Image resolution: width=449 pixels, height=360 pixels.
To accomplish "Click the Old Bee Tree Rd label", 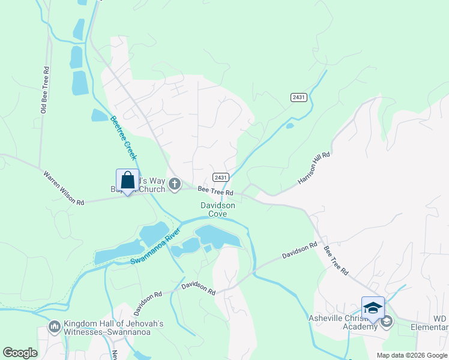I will pos(44,90).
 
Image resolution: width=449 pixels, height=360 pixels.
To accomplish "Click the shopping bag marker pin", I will pos(127,181).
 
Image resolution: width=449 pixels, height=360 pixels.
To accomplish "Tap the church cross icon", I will pos(175,184).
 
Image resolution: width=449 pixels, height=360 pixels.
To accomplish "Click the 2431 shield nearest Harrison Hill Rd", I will pos(298,97).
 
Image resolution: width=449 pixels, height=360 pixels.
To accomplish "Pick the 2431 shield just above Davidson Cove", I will pos(220,177).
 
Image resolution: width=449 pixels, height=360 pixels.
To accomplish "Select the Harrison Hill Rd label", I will pos(315,169).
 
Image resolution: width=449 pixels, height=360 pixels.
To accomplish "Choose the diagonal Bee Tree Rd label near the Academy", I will pos(336,260).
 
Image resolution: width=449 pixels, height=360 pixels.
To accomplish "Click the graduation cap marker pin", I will pos(373,308).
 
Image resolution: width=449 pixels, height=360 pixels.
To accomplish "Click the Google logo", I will pos(20,353).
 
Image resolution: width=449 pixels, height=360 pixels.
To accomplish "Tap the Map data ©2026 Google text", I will pos(411,355).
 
